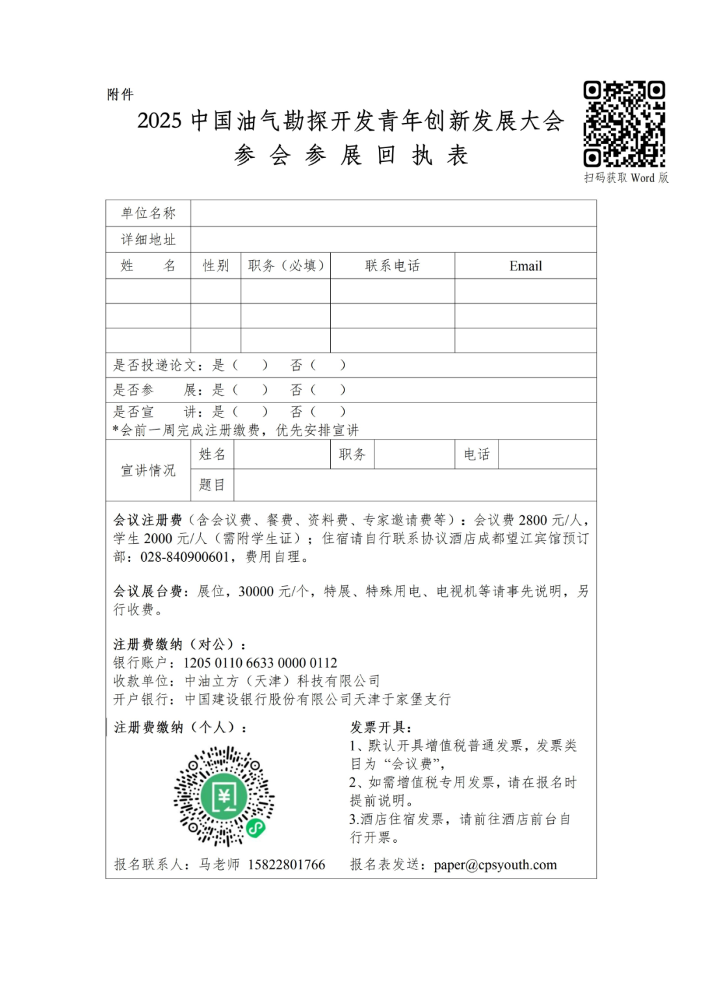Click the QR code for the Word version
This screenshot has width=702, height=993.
click(x=624, y=124)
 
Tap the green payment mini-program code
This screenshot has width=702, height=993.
click(x=224, y=797)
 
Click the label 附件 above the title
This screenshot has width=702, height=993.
click(x=120, y=95)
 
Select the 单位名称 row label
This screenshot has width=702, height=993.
click(x=148, y=213)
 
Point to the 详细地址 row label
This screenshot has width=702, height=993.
click(x=148, y=239)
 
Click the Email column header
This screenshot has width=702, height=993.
click(x=525, y=266)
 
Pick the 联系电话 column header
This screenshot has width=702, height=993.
click(x=393, y=266)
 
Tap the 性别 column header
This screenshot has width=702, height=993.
click(x=216, y=266)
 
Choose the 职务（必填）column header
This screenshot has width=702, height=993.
click(x=286, y=266)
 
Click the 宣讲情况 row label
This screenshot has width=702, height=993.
click(x=148, y=470)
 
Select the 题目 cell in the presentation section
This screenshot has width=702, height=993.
click(x=212, y=484)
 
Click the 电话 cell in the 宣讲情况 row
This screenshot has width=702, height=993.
click(x=476, y=455)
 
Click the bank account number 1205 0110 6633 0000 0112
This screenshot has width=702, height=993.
click(x=260, y=663)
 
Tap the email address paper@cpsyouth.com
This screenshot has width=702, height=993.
click(x=495, y=865)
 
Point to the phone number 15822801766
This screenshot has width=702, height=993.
click(x=286, y=865)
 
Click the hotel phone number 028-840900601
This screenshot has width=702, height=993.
click(x=185, y=557)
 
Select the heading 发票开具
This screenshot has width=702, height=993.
click(x=381, y=727)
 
